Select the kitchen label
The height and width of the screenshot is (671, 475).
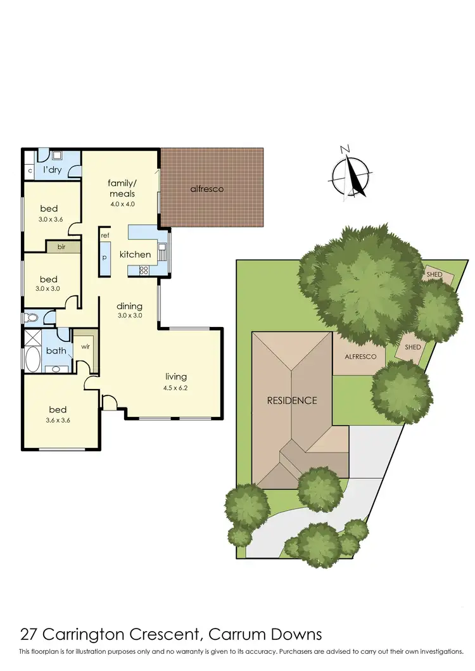136,255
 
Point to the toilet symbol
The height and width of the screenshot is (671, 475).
31,318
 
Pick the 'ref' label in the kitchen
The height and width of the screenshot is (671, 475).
105,235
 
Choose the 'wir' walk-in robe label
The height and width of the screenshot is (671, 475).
84,347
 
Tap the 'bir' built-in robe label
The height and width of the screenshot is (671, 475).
62,246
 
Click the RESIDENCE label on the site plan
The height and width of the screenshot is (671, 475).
291,400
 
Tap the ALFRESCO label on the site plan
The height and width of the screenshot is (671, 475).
360,357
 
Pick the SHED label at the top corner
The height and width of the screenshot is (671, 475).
434,274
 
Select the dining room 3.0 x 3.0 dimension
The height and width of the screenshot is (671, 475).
129,315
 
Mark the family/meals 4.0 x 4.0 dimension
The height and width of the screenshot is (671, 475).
123,205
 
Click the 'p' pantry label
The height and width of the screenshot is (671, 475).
105,259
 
